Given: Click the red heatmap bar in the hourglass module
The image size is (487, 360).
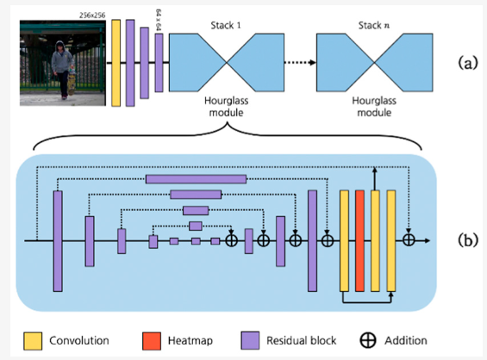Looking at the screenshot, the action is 359,241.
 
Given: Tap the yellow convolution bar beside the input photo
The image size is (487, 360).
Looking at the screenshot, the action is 116,63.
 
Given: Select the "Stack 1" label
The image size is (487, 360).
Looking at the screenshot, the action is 226,26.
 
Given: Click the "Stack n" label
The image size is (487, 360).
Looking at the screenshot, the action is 374,26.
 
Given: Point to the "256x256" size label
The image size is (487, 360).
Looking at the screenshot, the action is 92,16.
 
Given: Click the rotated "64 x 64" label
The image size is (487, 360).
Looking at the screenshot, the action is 159,20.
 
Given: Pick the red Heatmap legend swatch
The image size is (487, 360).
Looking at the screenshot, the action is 152,341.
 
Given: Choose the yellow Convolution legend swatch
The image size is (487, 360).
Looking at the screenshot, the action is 33,341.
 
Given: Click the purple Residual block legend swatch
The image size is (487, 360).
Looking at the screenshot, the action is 250,341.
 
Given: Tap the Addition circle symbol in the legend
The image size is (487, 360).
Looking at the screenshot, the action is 368,341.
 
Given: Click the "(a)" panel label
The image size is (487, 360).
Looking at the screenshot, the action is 468,64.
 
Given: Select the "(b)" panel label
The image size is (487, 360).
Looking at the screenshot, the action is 468,240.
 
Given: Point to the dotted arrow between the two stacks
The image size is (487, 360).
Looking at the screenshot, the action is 300,62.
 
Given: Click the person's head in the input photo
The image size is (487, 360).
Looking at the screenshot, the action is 59,46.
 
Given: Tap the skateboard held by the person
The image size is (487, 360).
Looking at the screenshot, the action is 72,80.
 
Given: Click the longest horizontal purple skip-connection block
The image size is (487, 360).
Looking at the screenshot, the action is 196,179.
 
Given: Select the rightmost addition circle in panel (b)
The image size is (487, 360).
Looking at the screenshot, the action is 409,240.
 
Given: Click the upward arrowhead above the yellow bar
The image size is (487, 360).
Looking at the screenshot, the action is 375,170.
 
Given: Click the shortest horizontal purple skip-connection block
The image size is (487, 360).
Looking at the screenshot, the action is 196,226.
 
